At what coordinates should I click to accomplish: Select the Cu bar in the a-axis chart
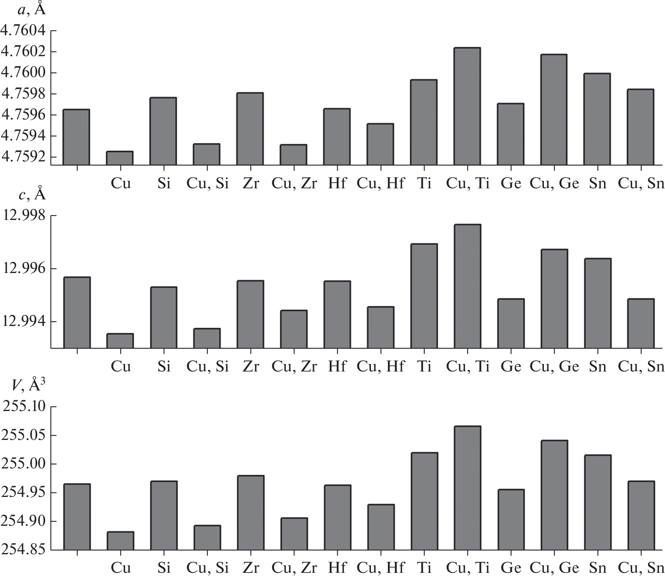[x=120, y=158]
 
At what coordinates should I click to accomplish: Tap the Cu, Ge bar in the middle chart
[x=554, y=299]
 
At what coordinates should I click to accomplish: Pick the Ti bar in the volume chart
[x=424, y=501]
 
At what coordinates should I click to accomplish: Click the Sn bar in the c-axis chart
[x=598, y=303]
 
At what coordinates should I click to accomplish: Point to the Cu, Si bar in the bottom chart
[x=207, y=538]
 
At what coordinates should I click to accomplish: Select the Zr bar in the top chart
[x=250, y=129]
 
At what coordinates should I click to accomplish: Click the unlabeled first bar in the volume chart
[x=77, y=517]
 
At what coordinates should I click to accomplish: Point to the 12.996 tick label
[x=24, y=269]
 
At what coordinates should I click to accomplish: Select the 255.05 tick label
[x=24, y=435]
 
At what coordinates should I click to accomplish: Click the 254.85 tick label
[x=24, y=550]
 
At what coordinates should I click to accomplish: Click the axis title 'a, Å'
[x=32, y=9]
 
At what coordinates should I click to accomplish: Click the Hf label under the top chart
[x=337, y=184]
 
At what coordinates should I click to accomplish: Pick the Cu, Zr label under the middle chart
[x=294, y=367]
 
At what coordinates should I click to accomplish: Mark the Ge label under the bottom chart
[x=511, y=568]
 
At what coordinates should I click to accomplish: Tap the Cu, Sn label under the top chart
[x=641, y=184]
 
